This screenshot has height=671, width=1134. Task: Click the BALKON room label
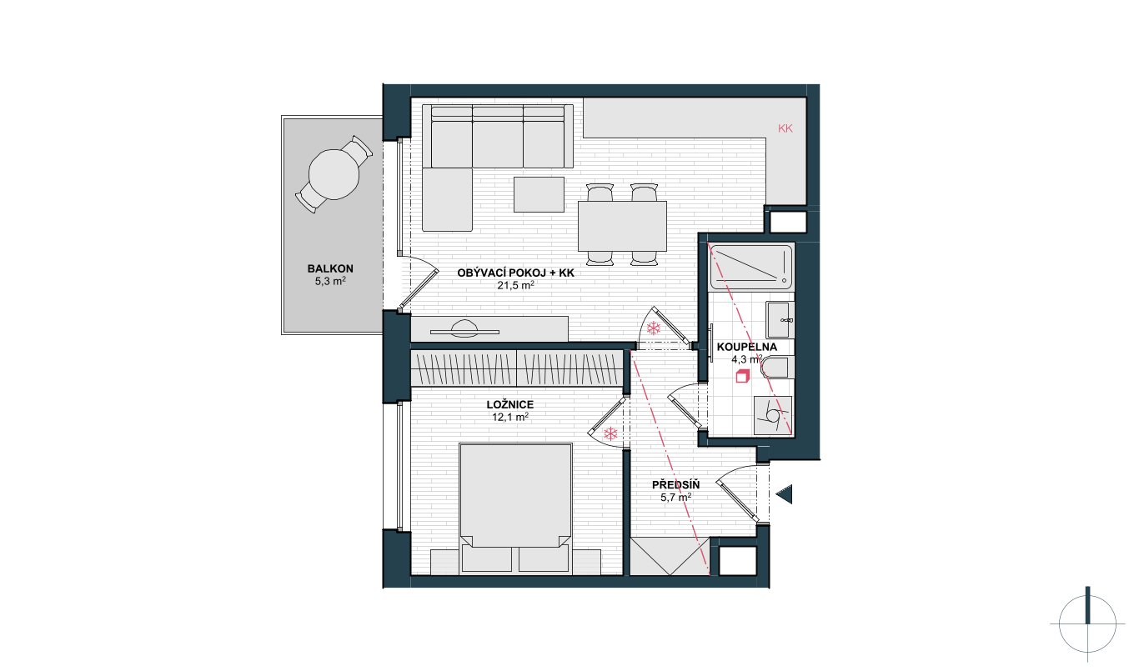pos(330,268)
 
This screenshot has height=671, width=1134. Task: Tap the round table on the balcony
pos(334,174)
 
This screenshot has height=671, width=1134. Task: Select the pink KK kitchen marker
pos(785,128)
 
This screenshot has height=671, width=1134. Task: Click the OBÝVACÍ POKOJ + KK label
pos(515,273)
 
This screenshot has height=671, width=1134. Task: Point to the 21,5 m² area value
pos(515,285)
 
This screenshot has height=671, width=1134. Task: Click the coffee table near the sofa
pos(539,194)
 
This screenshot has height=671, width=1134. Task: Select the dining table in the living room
pos(622,226)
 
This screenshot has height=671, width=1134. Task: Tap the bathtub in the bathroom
pos(750,268)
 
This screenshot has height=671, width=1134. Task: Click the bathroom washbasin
pos(780,320)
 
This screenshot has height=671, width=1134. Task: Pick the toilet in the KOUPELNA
pos(777,368)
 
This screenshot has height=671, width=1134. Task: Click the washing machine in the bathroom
pos(773,415)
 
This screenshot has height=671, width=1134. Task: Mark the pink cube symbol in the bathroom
pos(742,377)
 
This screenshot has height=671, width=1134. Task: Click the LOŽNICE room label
pos(509,405)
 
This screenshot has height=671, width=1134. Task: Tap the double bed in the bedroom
pos(515,508)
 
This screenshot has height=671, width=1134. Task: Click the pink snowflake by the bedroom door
pos(611,433)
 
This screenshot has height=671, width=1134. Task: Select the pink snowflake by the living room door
pos(654,328)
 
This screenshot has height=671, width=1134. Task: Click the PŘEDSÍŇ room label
pos(676,485)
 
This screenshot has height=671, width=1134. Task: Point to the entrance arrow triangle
pos(785,494)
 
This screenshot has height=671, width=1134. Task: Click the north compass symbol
pos(1087,624)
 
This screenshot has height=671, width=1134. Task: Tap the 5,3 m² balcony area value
pos(330,282)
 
